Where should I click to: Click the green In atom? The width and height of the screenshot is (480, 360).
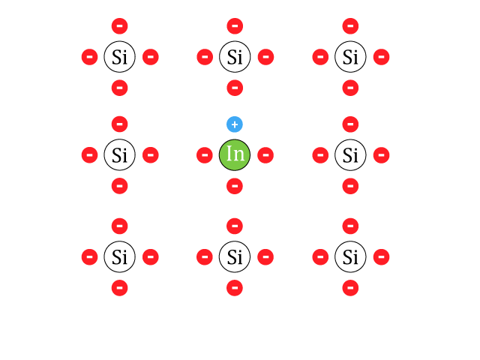(x=235, y=155)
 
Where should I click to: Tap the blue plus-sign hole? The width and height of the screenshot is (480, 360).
(x=235, y=124)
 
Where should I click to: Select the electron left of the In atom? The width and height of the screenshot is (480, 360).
(x=205, y=155)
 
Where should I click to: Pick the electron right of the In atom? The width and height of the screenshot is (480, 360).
(x=265, y=155)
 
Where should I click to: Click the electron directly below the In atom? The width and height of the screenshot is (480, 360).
(x=235, y=186)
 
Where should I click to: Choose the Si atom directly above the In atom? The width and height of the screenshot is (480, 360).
(x=235, y=57)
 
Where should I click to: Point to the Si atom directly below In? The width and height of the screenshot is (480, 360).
(x=235, y=256)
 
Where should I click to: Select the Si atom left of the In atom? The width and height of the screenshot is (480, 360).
(x=120, y=155)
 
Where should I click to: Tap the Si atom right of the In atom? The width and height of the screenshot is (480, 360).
(x=350, y=155)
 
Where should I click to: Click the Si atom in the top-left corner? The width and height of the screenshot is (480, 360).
(x=120, y=57)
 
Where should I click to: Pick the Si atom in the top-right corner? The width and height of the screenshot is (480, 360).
(x=350, y=57)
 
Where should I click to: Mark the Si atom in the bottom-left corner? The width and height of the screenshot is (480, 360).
(x=120, y=256)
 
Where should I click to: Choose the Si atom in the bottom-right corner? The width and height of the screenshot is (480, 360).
(x=350, y=256)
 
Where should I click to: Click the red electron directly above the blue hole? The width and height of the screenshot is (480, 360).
(x=235, y=88)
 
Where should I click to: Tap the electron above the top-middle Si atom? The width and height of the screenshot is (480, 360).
(x=235, y=26)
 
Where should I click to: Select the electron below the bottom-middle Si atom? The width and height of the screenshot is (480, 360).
(x=235, y=288)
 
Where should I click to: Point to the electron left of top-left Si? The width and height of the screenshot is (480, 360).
(x=90, y=57)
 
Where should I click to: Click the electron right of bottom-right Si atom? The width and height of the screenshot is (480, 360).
(x=382, y=256)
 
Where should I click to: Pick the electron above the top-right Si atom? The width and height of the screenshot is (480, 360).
(x=350, y=26)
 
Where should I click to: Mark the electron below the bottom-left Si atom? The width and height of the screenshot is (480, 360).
(x=120, y=288)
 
